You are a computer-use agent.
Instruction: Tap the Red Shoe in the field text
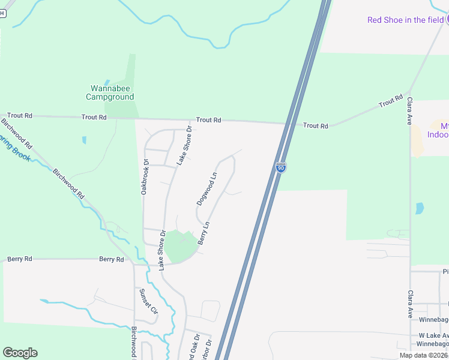pyautogui.click(x=405, y=20)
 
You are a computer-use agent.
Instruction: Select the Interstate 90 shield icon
pyautogui.click(x=280, y=169)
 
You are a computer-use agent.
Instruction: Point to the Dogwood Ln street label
pyautogui.click(x=206, y=189)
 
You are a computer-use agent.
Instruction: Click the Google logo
pyautogui.click(x=20, y=353)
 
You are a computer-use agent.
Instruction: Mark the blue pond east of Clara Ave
pyautogui.click(x=419, y=209)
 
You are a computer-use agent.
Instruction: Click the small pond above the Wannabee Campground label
pyautogui.click(x=107, y=82)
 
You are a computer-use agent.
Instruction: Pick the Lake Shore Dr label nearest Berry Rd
pyautogui.click(x=161, y=251)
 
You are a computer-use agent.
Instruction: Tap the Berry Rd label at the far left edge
pyautogui.click(x=19, y=259)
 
